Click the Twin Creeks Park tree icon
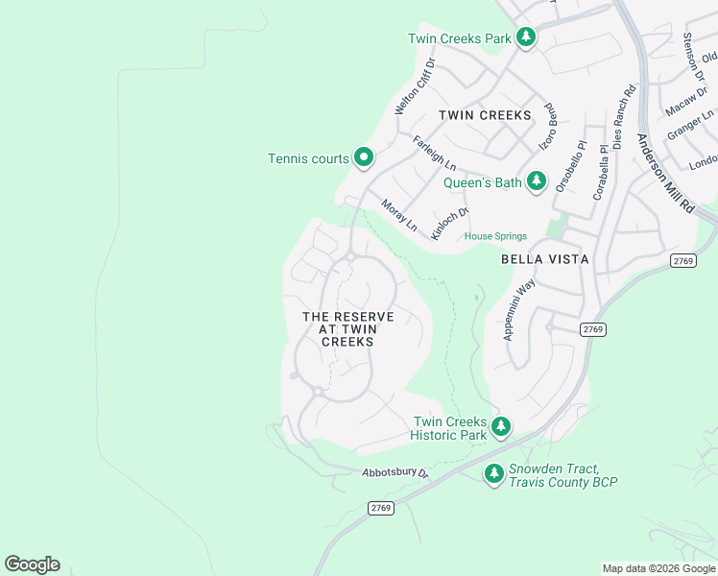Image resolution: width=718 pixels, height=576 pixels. point(525,37)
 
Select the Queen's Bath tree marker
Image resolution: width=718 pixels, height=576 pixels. point(536,180)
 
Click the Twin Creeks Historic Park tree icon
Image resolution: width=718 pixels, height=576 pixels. point(499,426)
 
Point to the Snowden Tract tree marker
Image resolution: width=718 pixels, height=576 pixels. point(493,473)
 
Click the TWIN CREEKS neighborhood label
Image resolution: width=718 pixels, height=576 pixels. point(484,115)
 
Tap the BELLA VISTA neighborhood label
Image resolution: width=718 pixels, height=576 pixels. point(544,259)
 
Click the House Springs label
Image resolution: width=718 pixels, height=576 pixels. point(495,236)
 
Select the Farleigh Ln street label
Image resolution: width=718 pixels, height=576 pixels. point(434,154)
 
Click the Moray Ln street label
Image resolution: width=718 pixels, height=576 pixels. point(399,215)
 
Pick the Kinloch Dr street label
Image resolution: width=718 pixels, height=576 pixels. point(449,224)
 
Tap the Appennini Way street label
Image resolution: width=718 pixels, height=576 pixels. point(518,309)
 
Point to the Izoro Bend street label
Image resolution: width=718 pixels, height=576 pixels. point(550,127)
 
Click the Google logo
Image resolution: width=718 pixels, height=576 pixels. point(32,564)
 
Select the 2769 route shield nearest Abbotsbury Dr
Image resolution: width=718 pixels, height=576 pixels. point(380,508)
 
